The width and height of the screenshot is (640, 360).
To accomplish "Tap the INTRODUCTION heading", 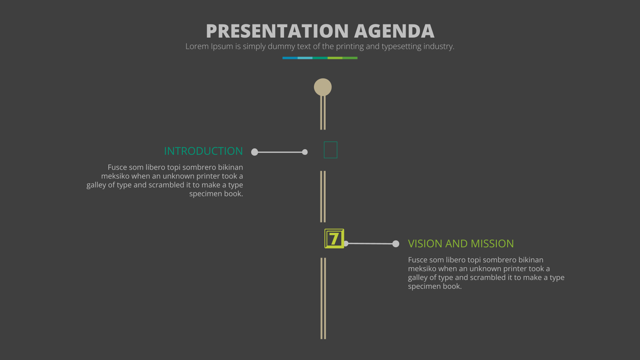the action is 204,151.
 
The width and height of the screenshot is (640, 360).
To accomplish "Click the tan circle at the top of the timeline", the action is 323,87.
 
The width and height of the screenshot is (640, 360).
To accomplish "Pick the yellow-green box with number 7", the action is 334,238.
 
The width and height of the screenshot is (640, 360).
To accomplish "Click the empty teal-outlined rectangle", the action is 330,142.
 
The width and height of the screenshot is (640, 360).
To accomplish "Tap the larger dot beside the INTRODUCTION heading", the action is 254,152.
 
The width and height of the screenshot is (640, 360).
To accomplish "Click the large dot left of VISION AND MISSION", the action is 396,244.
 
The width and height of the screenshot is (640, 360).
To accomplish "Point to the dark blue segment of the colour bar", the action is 290,58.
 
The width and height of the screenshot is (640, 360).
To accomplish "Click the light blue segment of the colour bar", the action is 305,58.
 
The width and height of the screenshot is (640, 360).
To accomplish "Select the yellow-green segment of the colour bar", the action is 335,58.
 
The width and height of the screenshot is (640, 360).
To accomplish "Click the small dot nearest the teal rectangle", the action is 305,152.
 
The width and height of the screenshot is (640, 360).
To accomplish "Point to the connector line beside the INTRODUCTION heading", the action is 280,152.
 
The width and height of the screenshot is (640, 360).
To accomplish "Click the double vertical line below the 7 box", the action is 323,298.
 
